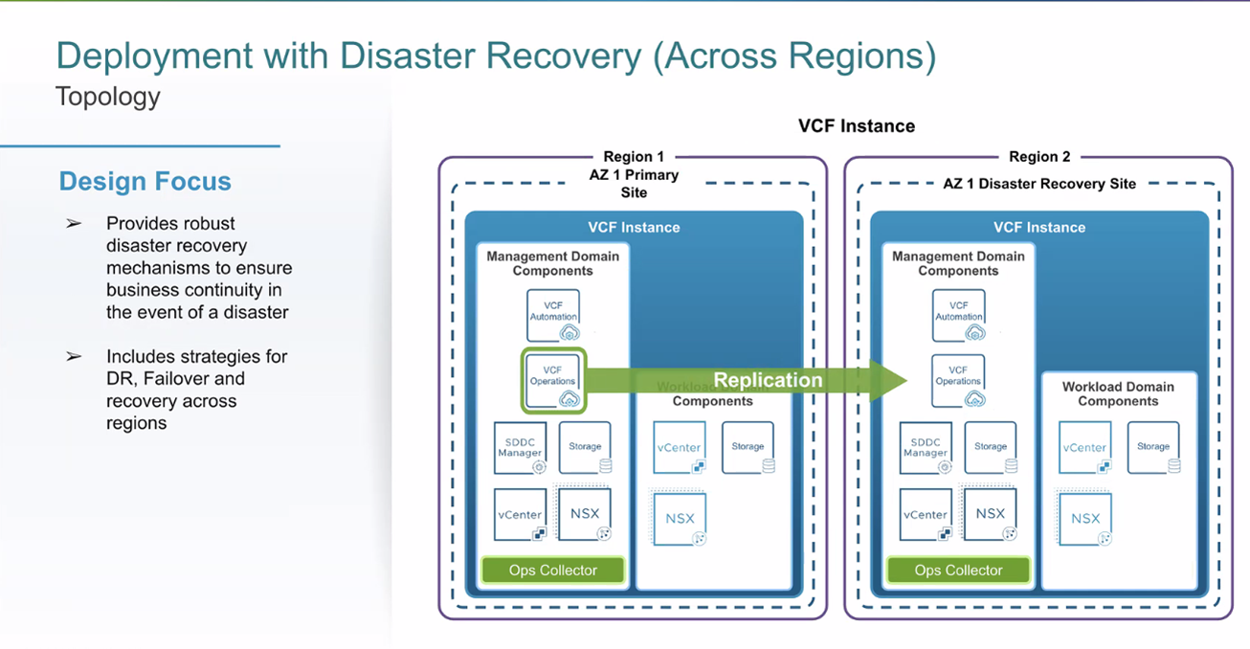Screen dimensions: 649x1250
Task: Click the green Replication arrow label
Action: coord(768,380)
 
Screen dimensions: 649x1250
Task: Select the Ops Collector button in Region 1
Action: coord(553,571)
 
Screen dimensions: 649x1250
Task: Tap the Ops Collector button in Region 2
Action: coord(958,571)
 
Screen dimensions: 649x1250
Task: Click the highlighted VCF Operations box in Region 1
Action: coord(553,381)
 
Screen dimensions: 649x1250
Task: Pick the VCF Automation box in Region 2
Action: coord(958,315)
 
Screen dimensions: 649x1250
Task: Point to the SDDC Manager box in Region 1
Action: coord(521,448)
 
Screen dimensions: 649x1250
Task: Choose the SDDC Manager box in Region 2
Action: coord(926,448)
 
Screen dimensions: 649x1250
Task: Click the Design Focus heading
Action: coord(145,181)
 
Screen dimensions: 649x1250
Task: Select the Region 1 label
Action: coord(634,157)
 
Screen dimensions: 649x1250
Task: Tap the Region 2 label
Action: coord(1039,157)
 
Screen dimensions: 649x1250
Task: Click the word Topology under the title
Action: coord(108,97)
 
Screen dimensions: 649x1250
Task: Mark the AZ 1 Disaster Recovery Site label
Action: coord(1039,184)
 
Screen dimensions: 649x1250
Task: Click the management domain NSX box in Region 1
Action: coord(585,514)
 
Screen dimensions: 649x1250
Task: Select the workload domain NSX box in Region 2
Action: coord(1085,518)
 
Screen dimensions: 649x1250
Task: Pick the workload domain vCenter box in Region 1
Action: coord(680,448)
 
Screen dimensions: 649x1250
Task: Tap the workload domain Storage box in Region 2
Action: coord(1153,448)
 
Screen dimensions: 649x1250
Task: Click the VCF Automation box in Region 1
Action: coord(553,315)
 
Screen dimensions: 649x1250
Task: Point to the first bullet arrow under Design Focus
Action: coord(74,224)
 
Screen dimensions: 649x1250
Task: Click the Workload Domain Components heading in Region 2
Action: coord(1118,393)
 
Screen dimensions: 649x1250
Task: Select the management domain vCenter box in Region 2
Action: coord(926,515)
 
